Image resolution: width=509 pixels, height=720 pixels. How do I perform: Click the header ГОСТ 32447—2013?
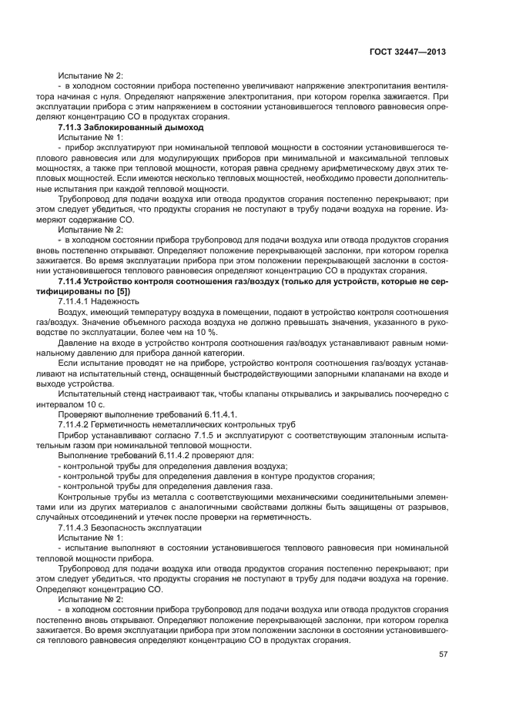[407, 52]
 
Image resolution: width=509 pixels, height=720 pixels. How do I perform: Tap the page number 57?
[443, 655]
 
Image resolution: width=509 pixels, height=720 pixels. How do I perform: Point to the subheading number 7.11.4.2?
[75, 425]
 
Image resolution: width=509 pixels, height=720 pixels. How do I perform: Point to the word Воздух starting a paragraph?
[74, 314]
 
